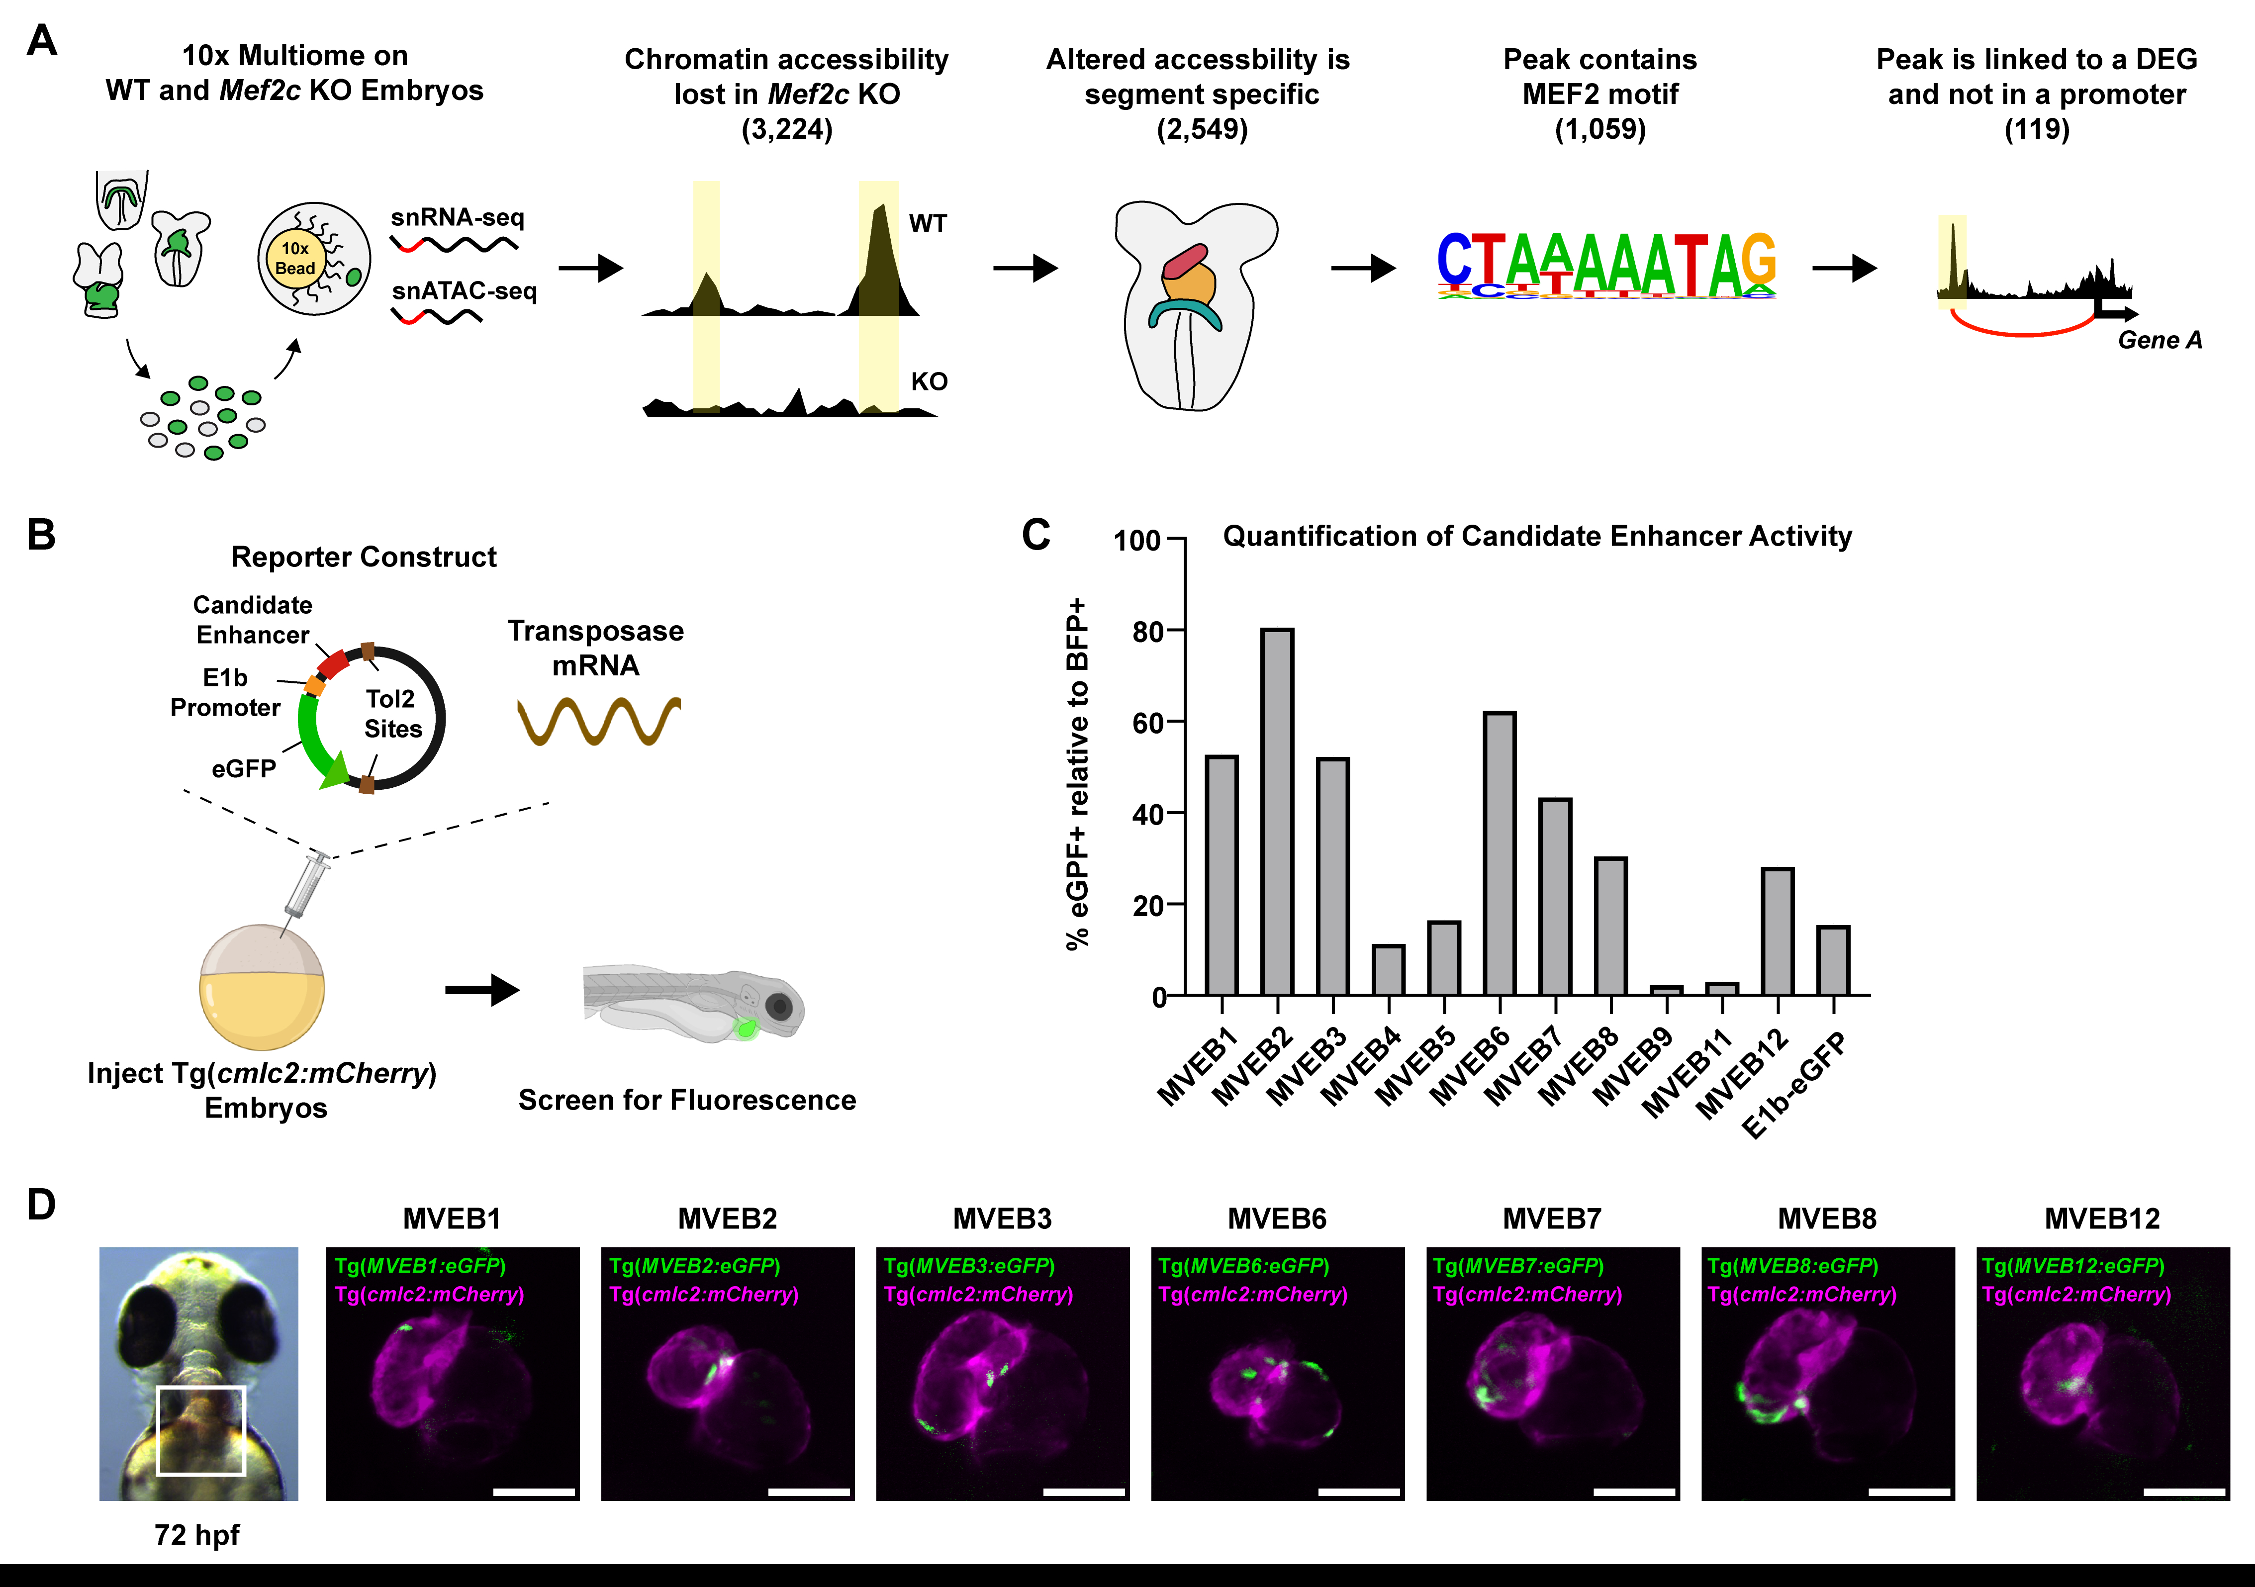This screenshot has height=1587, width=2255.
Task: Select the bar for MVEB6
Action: [1500, 853]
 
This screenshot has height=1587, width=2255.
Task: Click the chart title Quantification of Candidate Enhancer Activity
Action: [1537, 536]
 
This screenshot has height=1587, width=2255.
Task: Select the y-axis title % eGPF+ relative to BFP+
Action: [1077, 773]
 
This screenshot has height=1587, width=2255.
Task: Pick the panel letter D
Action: [41, 1205]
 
